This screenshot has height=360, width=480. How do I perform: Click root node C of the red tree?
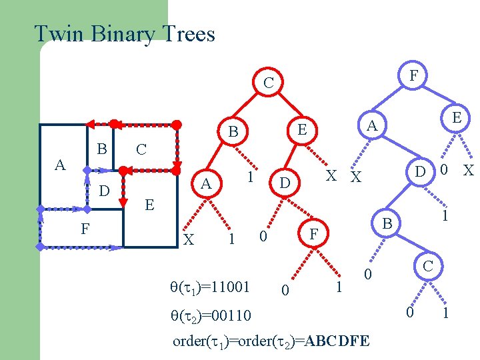(x=268, y=83)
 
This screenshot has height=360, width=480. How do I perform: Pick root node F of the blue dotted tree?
(x=413, y=76)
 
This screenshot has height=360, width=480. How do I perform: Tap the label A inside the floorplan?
(x=60, y=165)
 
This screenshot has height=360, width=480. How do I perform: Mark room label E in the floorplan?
(x=149, y=205)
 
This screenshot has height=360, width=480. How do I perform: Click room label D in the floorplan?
(x=103, y=192)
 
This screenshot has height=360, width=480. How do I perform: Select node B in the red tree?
(x=233, y=132)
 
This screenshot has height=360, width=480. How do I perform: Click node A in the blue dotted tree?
(x=373, y=125)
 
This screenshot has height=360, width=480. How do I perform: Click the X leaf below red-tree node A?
(x=189, y=239)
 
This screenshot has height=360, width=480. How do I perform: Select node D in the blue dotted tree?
(x=420, y=171)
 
